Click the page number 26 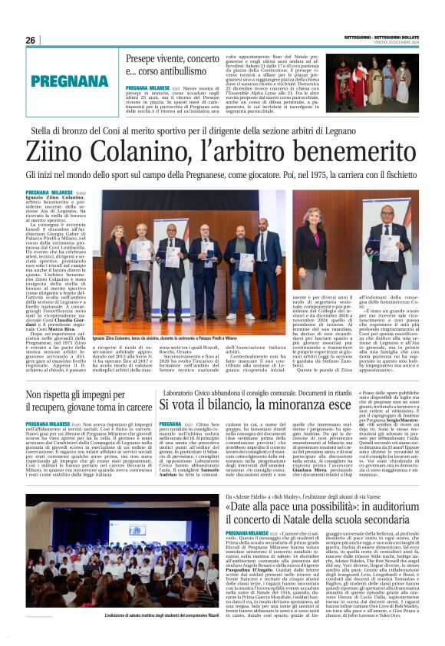30,40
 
